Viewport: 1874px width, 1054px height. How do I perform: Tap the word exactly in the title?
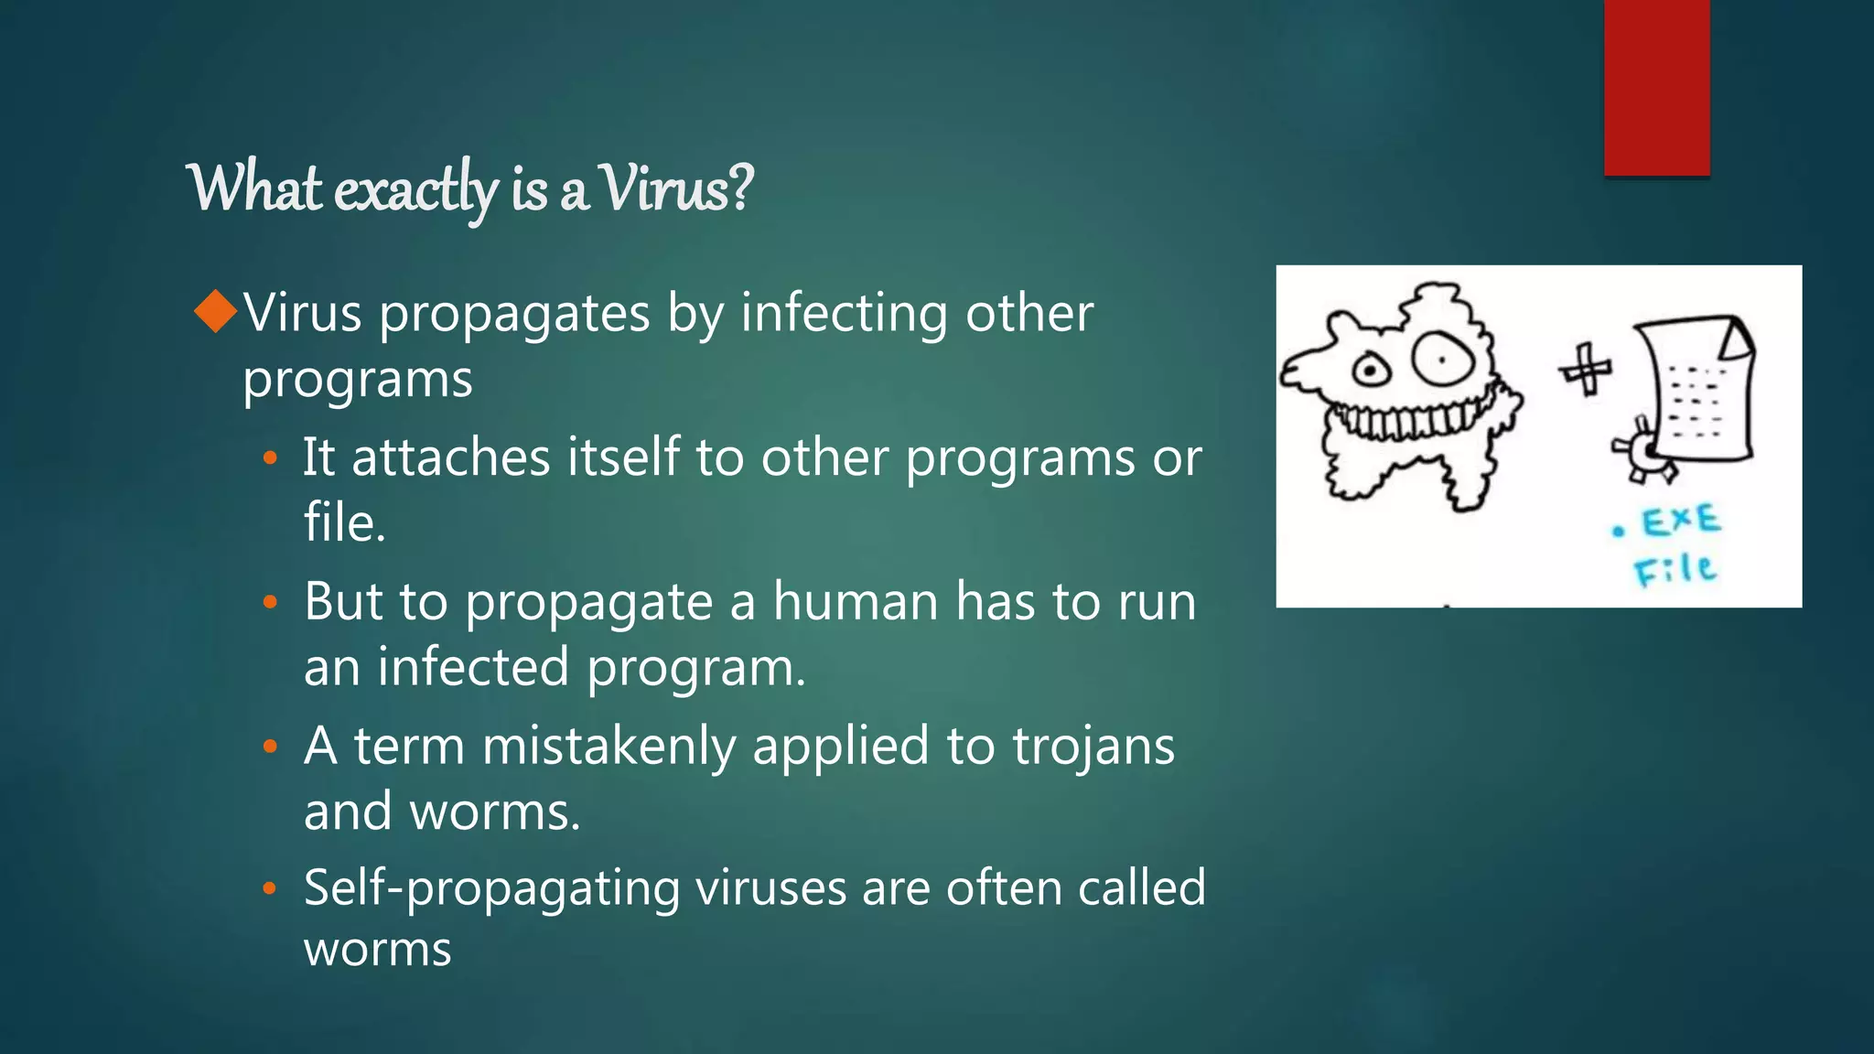pyautogui.click(x=416, y=190)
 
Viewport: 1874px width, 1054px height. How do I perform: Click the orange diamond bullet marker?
pyautogui.click(x=216, y=311)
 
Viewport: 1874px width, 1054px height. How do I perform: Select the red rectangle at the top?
pyautogui.click(x=1656, y=87)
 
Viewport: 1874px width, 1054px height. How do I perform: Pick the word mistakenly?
pyautogui.click(x=609, y=747)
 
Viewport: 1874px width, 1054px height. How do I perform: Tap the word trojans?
pyautogui.click(x=1093, y=747)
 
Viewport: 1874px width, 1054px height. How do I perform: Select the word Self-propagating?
pyautogui.click(x=491, y=889)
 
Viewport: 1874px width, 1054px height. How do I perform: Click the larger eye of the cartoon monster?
pyautogui.click(x=1442, y=359)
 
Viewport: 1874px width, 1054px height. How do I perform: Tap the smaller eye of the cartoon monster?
pyautogui.click(x=1371, y=371)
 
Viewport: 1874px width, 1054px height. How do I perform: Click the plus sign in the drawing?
pyautogui.click(x=1585, y=369)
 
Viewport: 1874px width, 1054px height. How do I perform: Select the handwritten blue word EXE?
pyautogui.click(x=1680, y=522)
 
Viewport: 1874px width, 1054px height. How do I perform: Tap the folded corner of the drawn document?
pyautogui.click(x=1737, y=340)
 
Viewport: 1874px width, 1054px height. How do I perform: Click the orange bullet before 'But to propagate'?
pyautogui.click(x=269, y=602)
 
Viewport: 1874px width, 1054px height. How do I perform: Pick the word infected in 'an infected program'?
pyautogui.click(x=474, y=667)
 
